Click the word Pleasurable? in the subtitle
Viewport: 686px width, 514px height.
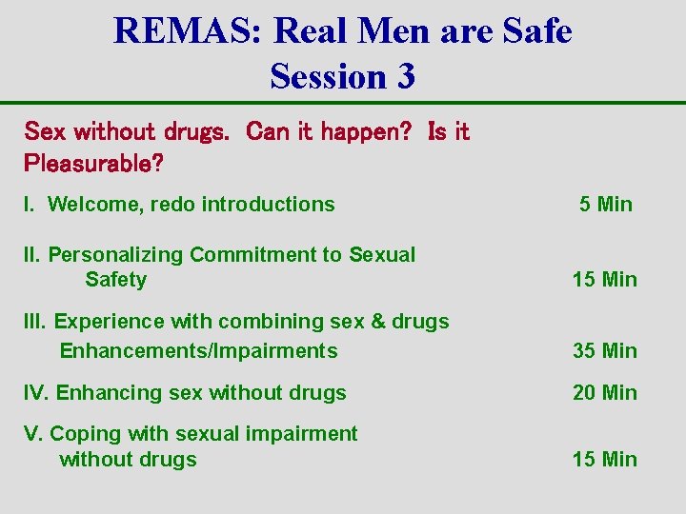point(93,163)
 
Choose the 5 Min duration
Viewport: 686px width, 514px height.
point(605,204)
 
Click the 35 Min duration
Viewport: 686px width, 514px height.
point(604,350)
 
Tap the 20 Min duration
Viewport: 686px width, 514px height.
point(604,392)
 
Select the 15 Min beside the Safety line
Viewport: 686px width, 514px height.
point(604,279)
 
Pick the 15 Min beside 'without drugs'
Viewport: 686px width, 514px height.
point(604,459)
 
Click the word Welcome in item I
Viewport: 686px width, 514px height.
point(87,204)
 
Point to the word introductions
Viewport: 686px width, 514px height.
point(268,204)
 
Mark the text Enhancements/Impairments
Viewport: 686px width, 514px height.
point(198,350)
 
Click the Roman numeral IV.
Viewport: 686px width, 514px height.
point(37,392)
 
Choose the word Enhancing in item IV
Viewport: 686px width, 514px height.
point(102,392)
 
